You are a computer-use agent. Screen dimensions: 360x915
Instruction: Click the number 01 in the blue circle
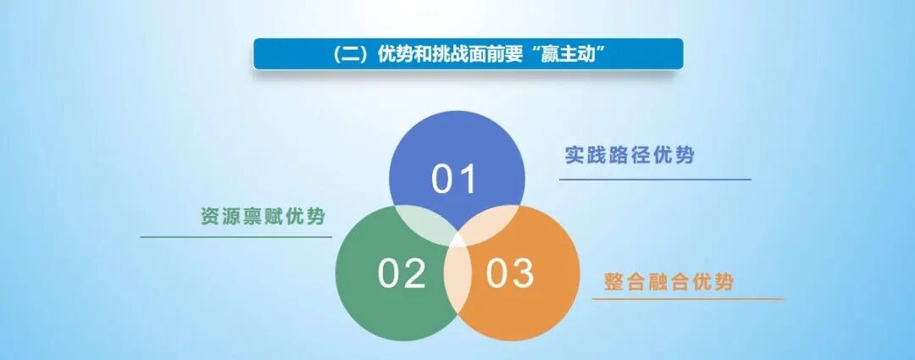[454, 179]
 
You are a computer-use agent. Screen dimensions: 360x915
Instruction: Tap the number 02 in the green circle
[402, 274]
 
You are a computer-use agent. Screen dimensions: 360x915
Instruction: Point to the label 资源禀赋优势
[263, 215]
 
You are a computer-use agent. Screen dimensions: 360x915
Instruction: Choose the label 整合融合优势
[668, 282]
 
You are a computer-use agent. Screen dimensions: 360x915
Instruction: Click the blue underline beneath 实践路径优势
[655, 180]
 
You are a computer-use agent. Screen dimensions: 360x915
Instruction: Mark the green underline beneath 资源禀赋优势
[236, 237]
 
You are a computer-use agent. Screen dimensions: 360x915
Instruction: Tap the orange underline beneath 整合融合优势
[687, 299]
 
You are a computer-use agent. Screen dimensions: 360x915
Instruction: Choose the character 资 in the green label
[210, 215]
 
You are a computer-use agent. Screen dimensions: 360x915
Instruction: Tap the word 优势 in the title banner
[396, 54]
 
